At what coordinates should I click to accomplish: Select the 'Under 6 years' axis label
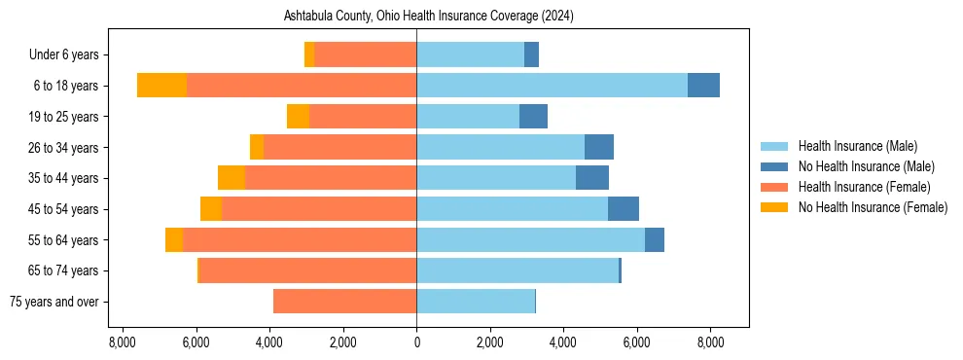pos(70,54)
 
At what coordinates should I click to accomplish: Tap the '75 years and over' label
pos(53,302)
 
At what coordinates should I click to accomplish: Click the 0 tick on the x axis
pos(416,342)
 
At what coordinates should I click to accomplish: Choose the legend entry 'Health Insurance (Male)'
pos(857,146)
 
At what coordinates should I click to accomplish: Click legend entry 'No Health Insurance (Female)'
pos(873,207)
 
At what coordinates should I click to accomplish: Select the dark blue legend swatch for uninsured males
pos(774,166)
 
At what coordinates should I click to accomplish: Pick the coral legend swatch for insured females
pos(774,187)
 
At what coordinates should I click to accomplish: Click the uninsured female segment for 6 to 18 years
pos(161,86)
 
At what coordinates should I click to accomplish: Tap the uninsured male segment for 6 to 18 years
pos(703,86)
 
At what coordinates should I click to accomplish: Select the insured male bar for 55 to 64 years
pos(530,239)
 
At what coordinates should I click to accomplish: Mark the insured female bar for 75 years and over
pos(344,302)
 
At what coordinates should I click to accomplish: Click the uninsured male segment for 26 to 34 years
pos(599,147)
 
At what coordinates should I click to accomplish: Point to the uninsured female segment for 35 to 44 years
pos(232,178)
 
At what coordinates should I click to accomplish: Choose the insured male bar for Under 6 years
pos(470,54)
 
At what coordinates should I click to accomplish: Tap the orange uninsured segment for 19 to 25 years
pos(298,117)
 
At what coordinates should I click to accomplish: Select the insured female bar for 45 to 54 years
pos(319,209)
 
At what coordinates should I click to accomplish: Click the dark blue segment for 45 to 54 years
pos(624,209)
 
